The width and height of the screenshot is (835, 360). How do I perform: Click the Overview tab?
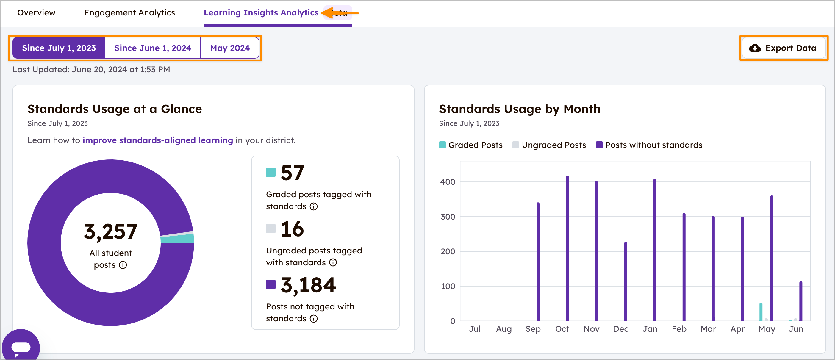(36, 12)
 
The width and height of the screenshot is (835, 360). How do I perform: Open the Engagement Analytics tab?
(129, 12)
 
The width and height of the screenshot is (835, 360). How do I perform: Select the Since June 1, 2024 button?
(153, 48)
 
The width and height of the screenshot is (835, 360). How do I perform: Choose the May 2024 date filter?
(229, 48)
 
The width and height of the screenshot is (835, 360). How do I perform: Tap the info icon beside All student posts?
(123, 265)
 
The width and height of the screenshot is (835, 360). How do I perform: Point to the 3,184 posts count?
(308, 285)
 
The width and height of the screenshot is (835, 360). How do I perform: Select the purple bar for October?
(567, 250)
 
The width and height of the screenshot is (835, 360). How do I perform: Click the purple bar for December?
(625, 282)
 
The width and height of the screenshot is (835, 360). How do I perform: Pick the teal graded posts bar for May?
(761, 312)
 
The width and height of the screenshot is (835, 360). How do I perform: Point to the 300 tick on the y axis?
(448, 217)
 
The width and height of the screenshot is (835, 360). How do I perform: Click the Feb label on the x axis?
(679, 329)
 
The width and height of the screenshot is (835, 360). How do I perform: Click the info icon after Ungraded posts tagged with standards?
(333, 262)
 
